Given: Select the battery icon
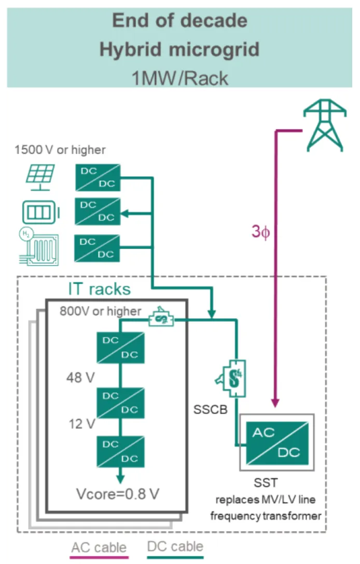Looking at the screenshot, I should [40, 212].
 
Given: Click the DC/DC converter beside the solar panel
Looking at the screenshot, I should [98, 178].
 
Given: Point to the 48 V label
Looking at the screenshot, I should [80, 377].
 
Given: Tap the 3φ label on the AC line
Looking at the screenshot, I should [261, 232].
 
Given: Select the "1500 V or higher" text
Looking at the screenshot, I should [60, 150].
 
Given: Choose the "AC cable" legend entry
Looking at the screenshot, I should [99, 547].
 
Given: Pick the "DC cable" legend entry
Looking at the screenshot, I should [175, 546].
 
